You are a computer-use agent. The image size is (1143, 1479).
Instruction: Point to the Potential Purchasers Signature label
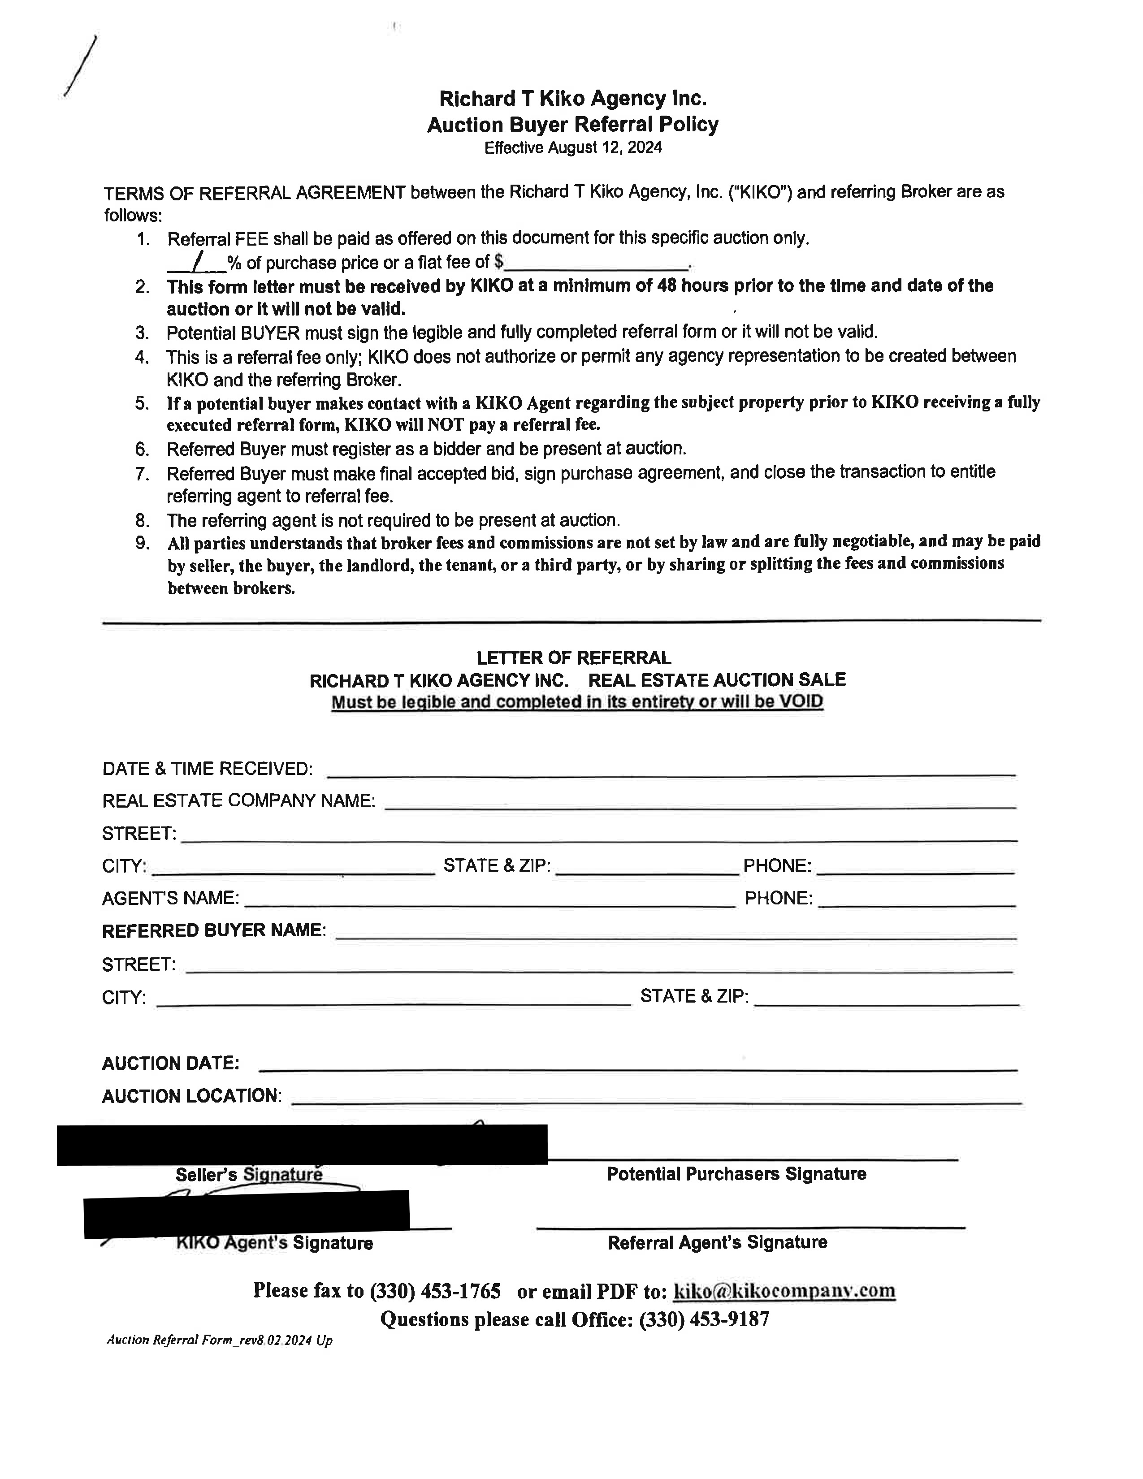coord(736,1174)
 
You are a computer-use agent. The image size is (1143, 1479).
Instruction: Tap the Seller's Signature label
coord(248,1174)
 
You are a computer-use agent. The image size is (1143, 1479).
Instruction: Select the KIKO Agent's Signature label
coord(274,1243)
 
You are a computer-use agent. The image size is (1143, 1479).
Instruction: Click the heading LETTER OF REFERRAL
coord(574,657)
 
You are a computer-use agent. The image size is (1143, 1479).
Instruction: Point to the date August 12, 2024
coord(605,147)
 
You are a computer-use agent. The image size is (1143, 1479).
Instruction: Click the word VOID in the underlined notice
coord(801,701)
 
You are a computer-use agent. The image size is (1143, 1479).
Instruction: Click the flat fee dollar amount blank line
coord(596,264)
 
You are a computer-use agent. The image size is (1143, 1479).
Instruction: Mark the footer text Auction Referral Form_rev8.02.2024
coord(219,1340)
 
